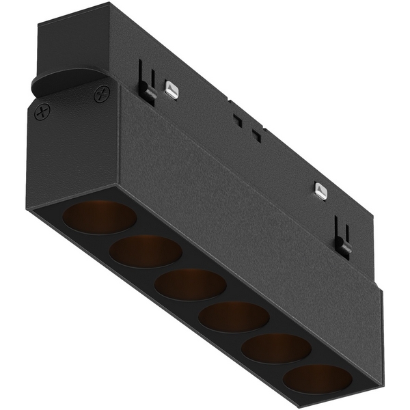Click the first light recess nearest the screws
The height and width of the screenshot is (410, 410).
pyautogui.click(x=100, y=217)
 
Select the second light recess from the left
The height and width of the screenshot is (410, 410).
pyautogui.click(x=145, y=251)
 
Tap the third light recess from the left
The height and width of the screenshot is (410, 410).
pyautogui.click(x=189, y=284)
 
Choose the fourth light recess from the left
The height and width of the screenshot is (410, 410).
pyautogui.click(x=234, y=316)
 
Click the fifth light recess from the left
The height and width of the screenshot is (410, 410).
pyautogui.click(x=277, y=348)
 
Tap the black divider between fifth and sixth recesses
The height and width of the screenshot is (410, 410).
pyautogui.click(x=298, y=364)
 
